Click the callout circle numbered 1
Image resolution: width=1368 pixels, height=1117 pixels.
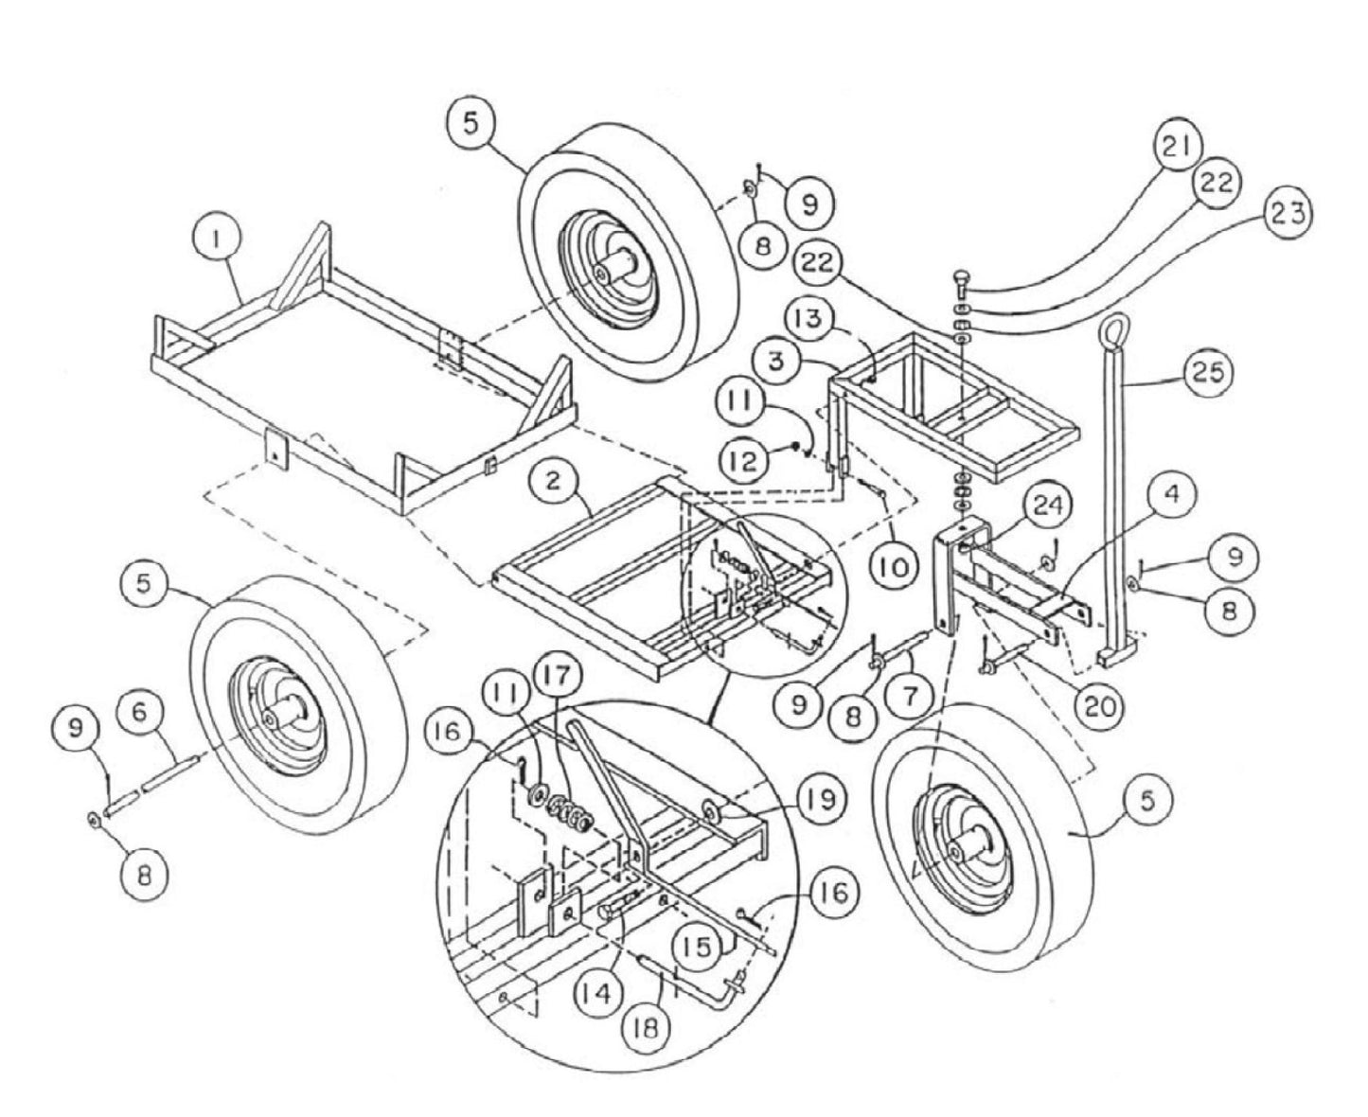coord(217,240)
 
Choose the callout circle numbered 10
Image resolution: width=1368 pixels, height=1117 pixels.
coord(894,568)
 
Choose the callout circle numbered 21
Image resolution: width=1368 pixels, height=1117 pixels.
coord(1175,148)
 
